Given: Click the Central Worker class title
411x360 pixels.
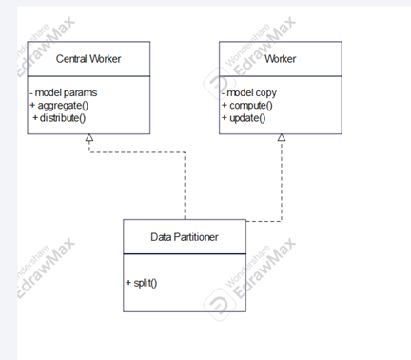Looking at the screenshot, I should click(88, 59).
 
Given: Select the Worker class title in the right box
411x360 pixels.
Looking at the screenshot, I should click(281, 59).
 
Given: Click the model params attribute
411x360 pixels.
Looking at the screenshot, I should click(63, 91).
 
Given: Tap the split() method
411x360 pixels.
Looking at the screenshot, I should click(141, 283).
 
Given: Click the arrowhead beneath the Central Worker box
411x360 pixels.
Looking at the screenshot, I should click(88, 139).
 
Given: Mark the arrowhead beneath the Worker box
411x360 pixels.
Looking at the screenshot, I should click(281, 139).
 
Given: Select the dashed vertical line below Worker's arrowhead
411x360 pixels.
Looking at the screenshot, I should click(281, 181).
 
